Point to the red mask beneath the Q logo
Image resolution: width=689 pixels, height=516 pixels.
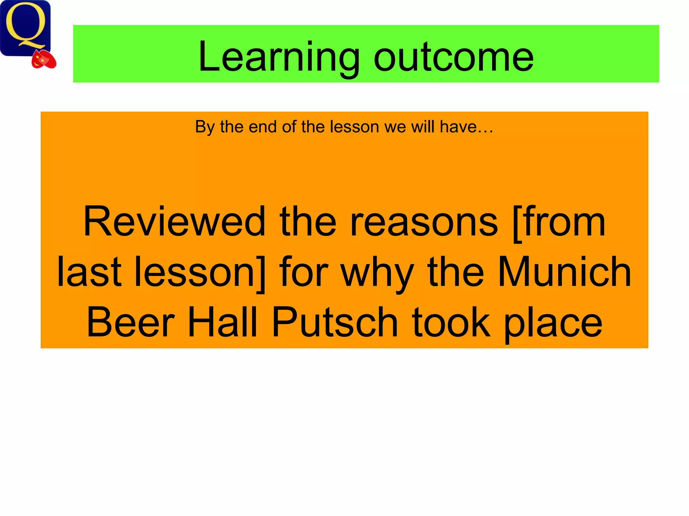[x=44, y=60]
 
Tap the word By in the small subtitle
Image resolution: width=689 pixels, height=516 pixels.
[x=205, y=127]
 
